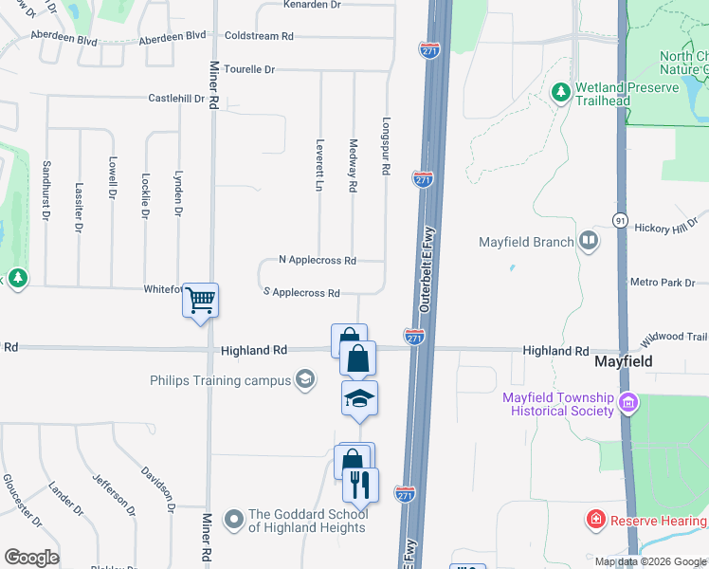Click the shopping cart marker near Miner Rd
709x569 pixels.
(200, 302)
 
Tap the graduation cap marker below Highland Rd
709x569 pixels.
(359, 399)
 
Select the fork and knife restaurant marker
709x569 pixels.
(360, 485)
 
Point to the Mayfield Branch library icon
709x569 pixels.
(590, 241)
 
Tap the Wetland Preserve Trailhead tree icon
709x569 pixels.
(560, 92)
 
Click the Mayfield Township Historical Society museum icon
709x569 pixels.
(627, 403)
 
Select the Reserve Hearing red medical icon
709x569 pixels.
(595, 520)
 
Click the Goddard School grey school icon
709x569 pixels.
(233, 519)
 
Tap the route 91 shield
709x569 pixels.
(619, 219)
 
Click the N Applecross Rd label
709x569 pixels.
(318, 260)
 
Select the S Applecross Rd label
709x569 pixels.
(301, 293)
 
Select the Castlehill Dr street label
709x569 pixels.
(176, 98)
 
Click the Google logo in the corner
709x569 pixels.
(31, 558)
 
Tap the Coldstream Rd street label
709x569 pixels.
(259, 36)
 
